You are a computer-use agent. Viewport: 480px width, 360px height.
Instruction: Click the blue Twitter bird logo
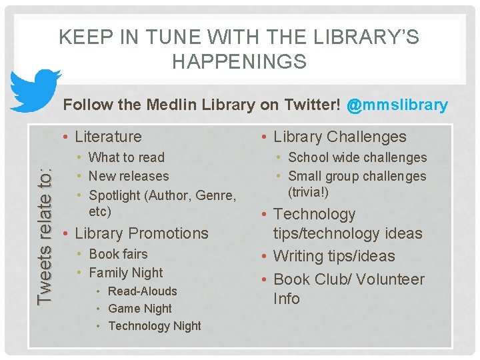34,91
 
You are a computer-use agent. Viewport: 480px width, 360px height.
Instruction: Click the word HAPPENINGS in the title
239,62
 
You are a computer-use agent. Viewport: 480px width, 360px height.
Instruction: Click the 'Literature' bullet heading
108,137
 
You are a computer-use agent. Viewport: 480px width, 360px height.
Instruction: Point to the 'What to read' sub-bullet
126,157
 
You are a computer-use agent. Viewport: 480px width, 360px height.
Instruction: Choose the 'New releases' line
129,176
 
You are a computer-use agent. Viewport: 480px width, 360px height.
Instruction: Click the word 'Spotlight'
113,195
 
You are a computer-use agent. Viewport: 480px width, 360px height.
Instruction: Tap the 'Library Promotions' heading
141,233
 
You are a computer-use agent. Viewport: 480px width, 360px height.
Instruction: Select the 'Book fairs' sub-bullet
118,254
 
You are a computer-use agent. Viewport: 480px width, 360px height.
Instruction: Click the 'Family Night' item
125,273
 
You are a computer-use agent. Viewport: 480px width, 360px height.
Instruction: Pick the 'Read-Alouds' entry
142,291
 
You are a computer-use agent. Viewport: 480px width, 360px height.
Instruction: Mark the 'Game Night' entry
139,309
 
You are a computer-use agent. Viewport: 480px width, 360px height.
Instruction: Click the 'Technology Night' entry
154,326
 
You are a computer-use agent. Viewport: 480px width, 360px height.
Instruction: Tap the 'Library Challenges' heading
339,137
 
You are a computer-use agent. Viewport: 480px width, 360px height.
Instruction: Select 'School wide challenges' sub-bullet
357,157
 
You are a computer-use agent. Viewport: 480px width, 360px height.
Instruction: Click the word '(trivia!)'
309,193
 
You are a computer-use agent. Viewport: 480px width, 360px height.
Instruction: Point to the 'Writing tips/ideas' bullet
334,256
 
